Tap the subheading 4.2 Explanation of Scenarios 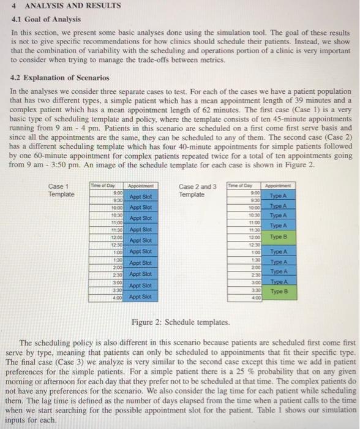[61, 78]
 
